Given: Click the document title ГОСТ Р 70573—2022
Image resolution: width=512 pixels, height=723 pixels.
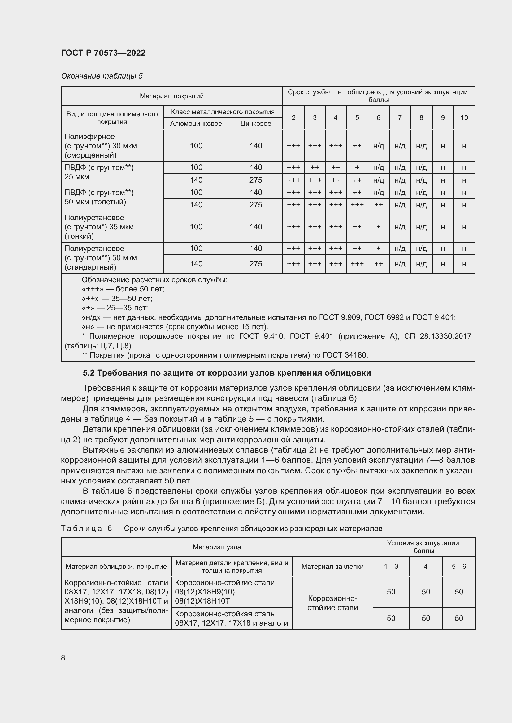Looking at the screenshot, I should tap(103, 53).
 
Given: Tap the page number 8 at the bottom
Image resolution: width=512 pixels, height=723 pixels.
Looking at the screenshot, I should tap(63, 657).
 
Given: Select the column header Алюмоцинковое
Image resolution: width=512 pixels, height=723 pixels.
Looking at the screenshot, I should tap(196, 123).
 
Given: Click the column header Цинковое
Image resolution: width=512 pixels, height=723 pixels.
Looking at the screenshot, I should tap(255, 123).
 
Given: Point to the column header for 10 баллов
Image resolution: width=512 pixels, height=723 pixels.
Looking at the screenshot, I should tap(464, 117).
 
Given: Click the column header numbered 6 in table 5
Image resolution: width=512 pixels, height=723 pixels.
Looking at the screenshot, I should tap(378, 117).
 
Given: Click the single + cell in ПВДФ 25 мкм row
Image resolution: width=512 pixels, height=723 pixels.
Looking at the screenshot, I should tap(357, 168).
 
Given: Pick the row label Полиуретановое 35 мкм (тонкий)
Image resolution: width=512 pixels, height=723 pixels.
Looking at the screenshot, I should tap(99, 227).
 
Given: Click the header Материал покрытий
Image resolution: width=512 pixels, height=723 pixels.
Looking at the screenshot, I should tap(171, 96).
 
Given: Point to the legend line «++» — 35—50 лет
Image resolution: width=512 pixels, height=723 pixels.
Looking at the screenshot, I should tap(117, 298).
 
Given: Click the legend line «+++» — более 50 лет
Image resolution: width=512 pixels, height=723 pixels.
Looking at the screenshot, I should tap(123, 289).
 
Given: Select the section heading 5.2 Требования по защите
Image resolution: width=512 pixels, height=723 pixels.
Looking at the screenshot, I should tap(227, 373).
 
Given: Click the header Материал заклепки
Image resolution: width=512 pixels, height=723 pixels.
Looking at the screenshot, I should tap(332, 567).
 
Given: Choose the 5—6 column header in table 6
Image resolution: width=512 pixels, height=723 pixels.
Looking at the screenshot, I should tap(458, 567).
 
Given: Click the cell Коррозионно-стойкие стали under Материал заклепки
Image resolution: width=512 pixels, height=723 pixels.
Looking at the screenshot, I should tap(332, 603).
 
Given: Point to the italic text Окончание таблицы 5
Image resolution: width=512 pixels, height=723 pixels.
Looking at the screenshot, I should tap(102, 76).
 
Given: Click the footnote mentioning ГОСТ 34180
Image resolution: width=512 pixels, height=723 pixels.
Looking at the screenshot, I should tap(224, 355).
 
